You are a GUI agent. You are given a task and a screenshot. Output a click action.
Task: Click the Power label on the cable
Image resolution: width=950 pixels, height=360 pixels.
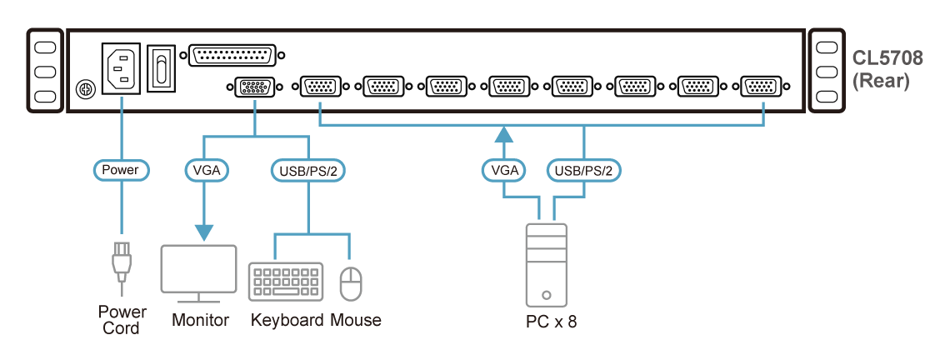pos(120,171)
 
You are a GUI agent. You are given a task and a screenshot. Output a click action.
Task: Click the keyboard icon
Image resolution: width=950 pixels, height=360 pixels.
pos(286,281)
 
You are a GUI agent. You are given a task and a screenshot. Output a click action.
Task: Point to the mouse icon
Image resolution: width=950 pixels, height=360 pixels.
pos(351,283)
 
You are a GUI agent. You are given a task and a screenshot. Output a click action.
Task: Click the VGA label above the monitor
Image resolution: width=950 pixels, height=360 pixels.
pos(206,171)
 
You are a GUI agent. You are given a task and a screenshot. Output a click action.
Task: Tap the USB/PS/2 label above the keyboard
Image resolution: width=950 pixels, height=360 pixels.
pos(308,171)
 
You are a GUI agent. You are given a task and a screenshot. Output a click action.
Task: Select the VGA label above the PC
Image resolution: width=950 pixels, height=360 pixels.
pos(505,171)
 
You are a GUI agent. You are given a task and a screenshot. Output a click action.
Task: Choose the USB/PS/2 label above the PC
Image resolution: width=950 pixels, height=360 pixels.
pos(583,171)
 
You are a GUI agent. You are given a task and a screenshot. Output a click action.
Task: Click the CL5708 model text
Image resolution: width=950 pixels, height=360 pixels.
pos(887,61)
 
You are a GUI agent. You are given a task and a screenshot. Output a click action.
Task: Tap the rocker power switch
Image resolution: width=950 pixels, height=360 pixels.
pos(161,67)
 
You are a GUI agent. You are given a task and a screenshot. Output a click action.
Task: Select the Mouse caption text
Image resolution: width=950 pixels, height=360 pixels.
pos(356,320)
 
